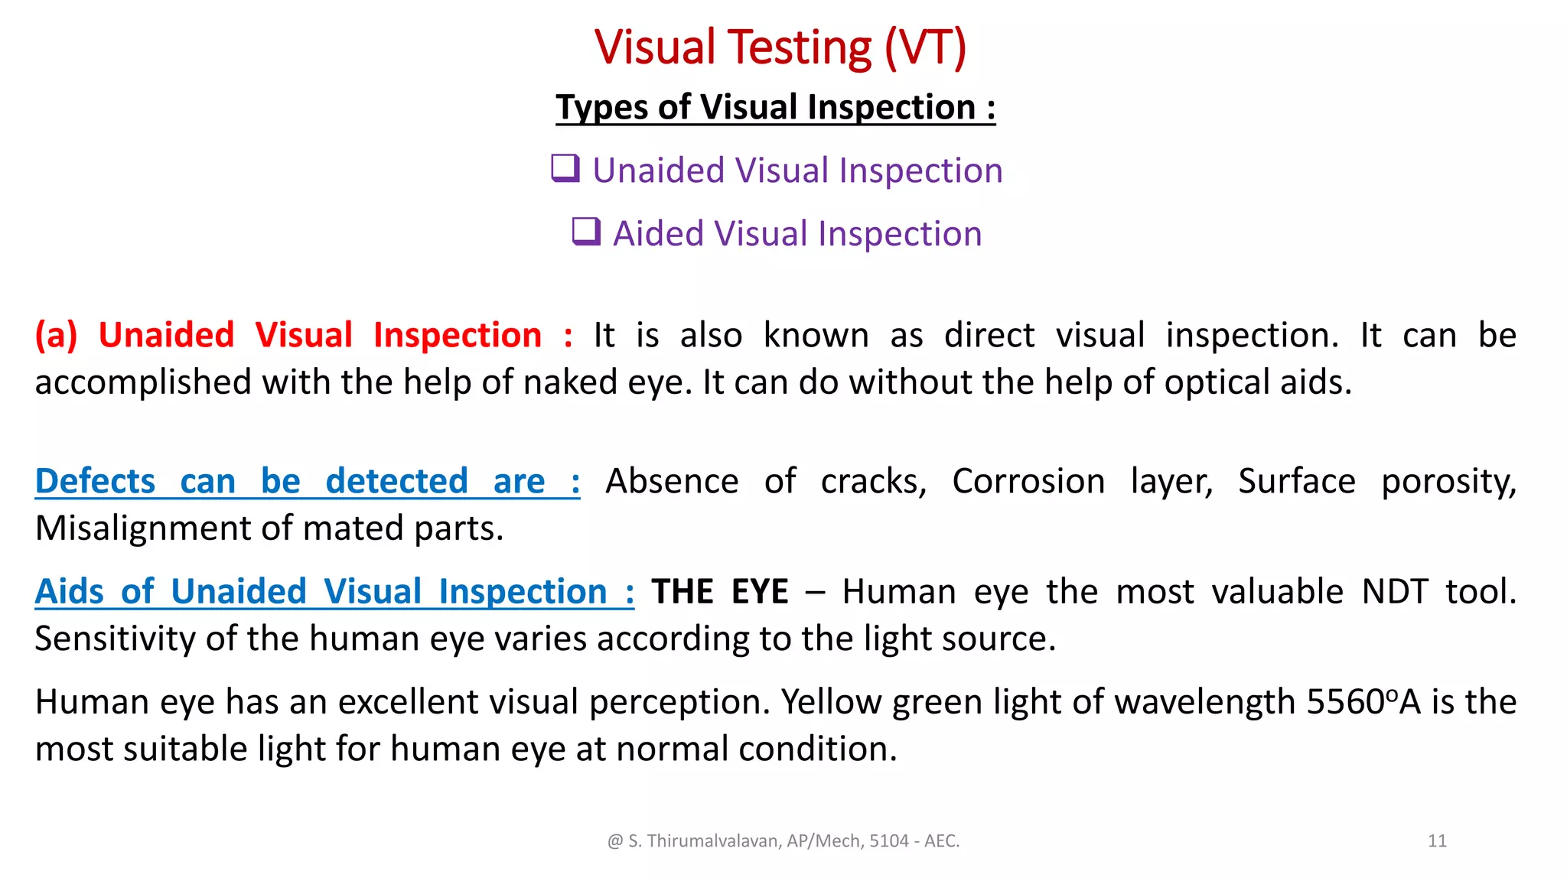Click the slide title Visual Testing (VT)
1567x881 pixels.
tap(780, 47)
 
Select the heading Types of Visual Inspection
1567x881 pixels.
tap(775, 107)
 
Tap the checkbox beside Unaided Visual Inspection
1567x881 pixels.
tap(565, 168)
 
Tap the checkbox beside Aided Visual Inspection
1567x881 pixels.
tap(586, 231)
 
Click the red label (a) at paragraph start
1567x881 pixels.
tap(56, 336)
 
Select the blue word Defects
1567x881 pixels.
tap(95, 482)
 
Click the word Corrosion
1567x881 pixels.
tap(1028, 482)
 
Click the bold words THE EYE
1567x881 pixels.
tap(719, 592)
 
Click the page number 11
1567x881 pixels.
tap(1437, 841)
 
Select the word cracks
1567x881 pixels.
tap(872, 482)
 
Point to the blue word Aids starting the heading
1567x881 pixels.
tap(69, 592)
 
